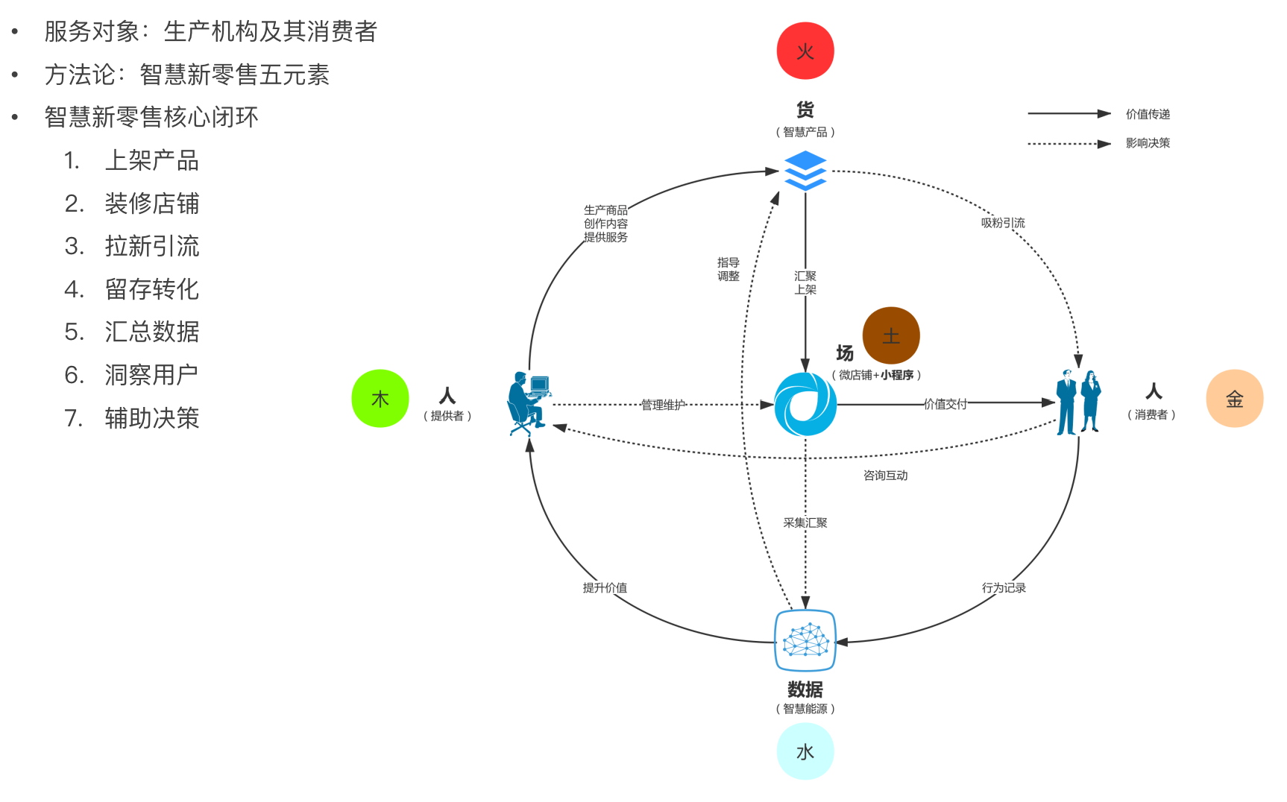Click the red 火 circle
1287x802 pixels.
tap(805, 51)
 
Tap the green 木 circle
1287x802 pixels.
tap(380, 399)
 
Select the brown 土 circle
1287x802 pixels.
tap(891, 335)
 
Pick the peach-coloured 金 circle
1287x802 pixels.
tap(1235, 399)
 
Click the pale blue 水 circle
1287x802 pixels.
tap(805, 751)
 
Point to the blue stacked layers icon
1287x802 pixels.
tap(805, 171)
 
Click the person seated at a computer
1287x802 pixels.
tap(529, 402)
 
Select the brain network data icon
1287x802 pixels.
tap(805, 640)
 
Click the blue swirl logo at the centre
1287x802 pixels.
tap(805, 404)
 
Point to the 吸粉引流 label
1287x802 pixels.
tap(1003, 223)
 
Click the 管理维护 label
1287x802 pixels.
tap(663, 405)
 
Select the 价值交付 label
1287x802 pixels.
tap(945, 404)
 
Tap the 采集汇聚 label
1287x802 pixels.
tap(805, 522)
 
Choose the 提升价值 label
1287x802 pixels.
tap(605, 587)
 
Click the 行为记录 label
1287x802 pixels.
tap(1004, 587)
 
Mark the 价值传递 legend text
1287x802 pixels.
tap(1148, 114)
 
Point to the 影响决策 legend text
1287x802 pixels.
tap(1148, 143)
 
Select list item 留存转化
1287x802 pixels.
tap(151, 289)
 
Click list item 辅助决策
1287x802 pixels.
tap(151, 418)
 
